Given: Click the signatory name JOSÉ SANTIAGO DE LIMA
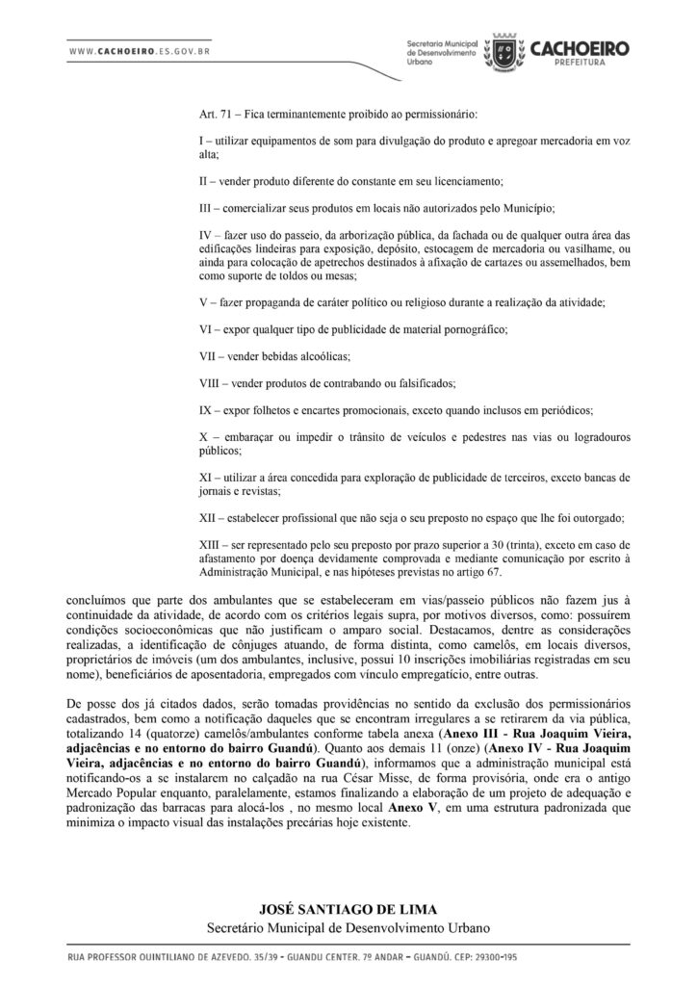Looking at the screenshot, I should coord(348,910).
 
